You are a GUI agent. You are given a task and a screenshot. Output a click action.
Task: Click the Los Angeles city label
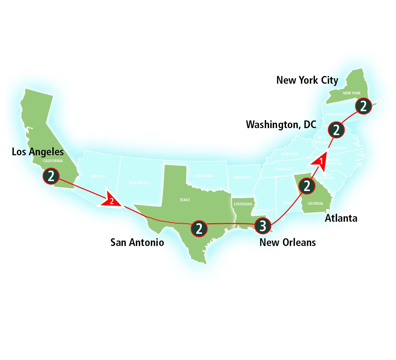coord(38,151)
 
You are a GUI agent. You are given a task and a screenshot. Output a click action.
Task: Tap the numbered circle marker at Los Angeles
coord(51,176)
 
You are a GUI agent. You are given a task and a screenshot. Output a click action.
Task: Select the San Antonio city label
coord(137,242)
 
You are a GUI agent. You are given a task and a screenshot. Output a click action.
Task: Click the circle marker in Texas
coord(199,229)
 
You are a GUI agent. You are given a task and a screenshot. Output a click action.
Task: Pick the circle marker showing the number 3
coord(263,226)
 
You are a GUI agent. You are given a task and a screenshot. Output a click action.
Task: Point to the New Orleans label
coord(288,242)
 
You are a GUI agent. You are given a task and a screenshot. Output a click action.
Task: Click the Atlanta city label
coord(341,218)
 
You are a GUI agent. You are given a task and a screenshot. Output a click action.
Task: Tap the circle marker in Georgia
coord(307,186)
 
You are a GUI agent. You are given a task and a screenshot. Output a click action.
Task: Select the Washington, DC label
coord(281,124)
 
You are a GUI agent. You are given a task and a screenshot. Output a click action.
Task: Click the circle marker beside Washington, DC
coord(336,130)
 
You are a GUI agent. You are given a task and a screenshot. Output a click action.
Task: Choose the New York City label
coord(307,80)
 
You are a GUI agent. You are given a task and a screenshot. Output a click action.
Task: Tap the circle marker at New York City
coord(363,106)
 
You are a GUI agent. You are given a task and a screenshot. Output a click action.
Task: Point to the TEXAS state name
coord(184,200)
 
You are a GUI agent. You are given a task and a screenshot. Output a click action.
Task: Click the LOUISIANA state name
coord(243,204)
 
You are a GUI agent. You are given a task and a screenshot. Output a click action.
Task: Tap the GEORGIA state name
coord(315,203)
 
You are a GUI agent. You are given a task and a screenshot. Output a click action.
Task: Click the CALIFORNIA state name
coord(53,161)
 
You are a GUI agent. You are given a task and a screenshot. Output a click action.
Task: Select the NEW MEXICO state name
coord(139,183)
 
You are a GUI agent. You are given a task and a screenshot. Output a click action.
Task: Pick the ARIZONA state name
coord(98,176)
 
